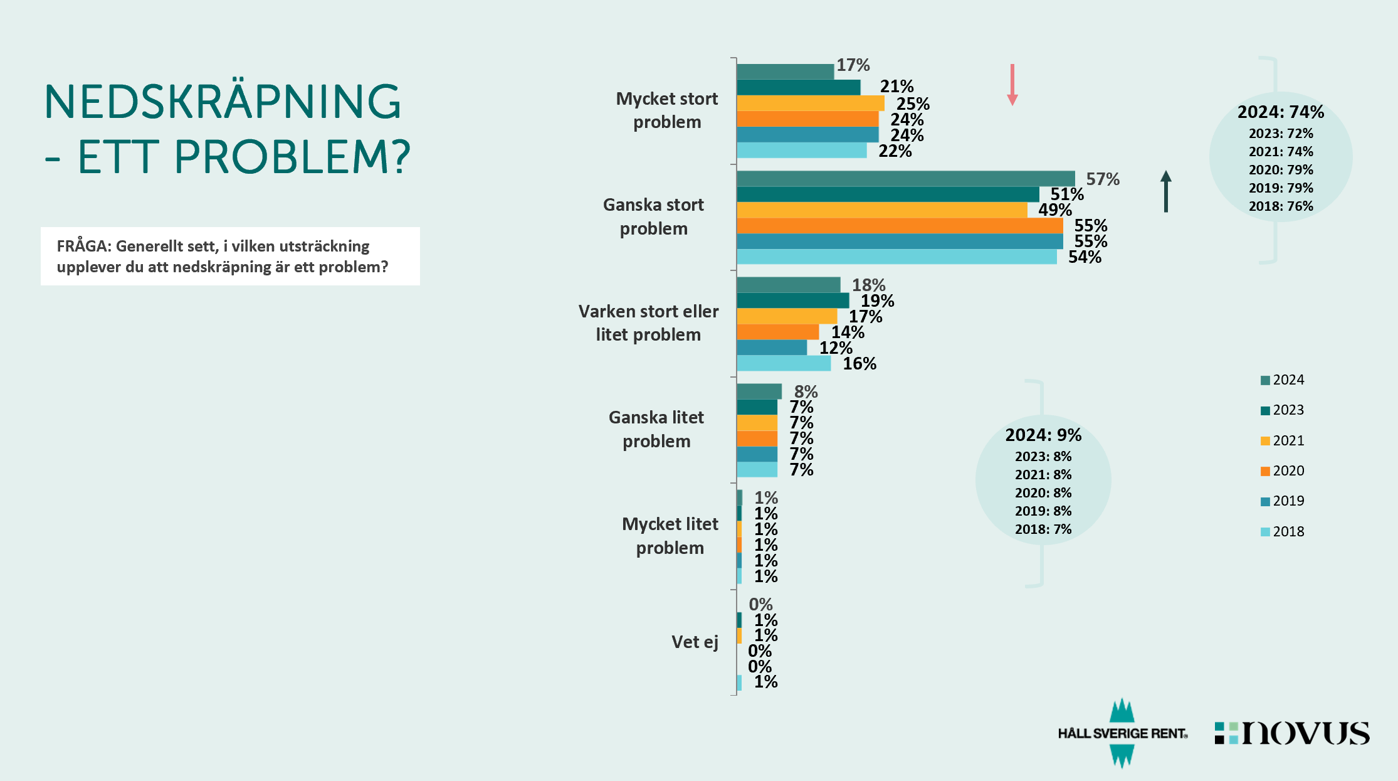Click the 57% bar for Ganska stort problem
click(x=905, y=179)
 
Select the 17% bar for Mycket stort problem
click(x=785, y=72)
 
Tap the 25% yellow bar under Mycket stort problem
click(x=810, y=103)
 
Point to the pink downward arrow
click(x=1012, y=85)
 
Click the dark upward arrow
click(x=1165, y=191)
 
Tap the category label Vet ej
click(x=695, y=642)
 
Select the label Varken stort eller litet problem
click(x=648, y=322)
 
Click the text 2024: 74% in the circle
click(x=1280, y=112)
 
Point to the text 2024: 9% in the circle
click(x=1043, y=435)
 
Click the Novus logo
click(x=1293, y=733)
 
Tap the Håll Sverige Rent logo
click(x=1122, y=733)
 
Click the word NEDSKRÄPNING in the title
click(x=223, y=102)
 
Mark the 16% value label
click(x=859, y=363)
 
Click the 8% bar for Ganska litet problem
click(x=759, y=391)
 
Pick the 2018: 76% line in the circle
click(x=1280, y=206)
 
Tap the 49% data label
click(x=1054, y=210)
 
